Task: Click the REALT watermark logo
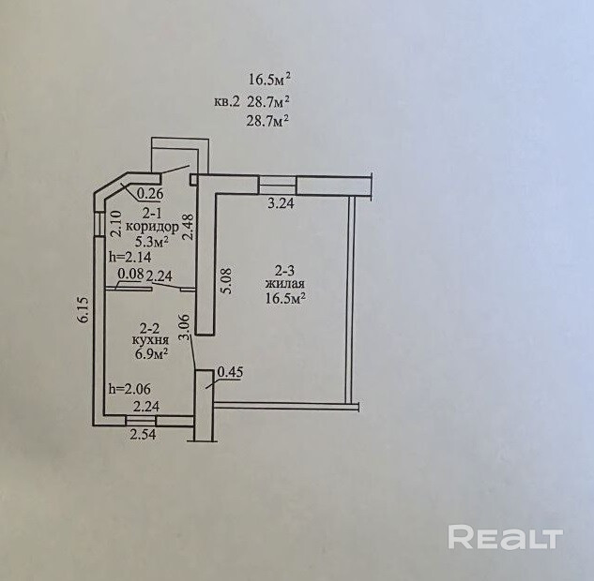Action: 505,538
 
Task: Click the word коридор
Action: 151,227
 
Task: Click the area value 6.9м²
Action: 151,354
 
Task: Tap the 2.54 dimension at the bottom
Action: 143,435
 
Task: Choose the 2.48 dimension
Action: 188,226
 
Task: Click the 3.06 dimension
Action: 185,327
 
